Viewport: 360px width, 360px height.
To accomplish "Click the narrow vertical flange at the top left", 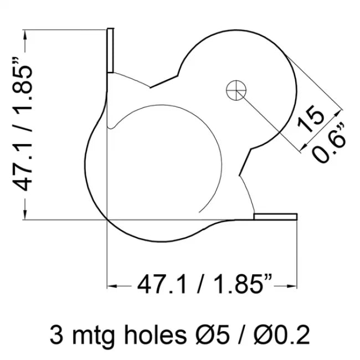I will click(110, 50).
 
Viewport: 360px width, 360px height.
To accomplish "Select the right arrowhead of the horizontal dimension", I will click(293, 286).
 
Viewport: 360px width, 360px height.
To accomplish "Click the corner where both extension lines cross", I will click(107, 219).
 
